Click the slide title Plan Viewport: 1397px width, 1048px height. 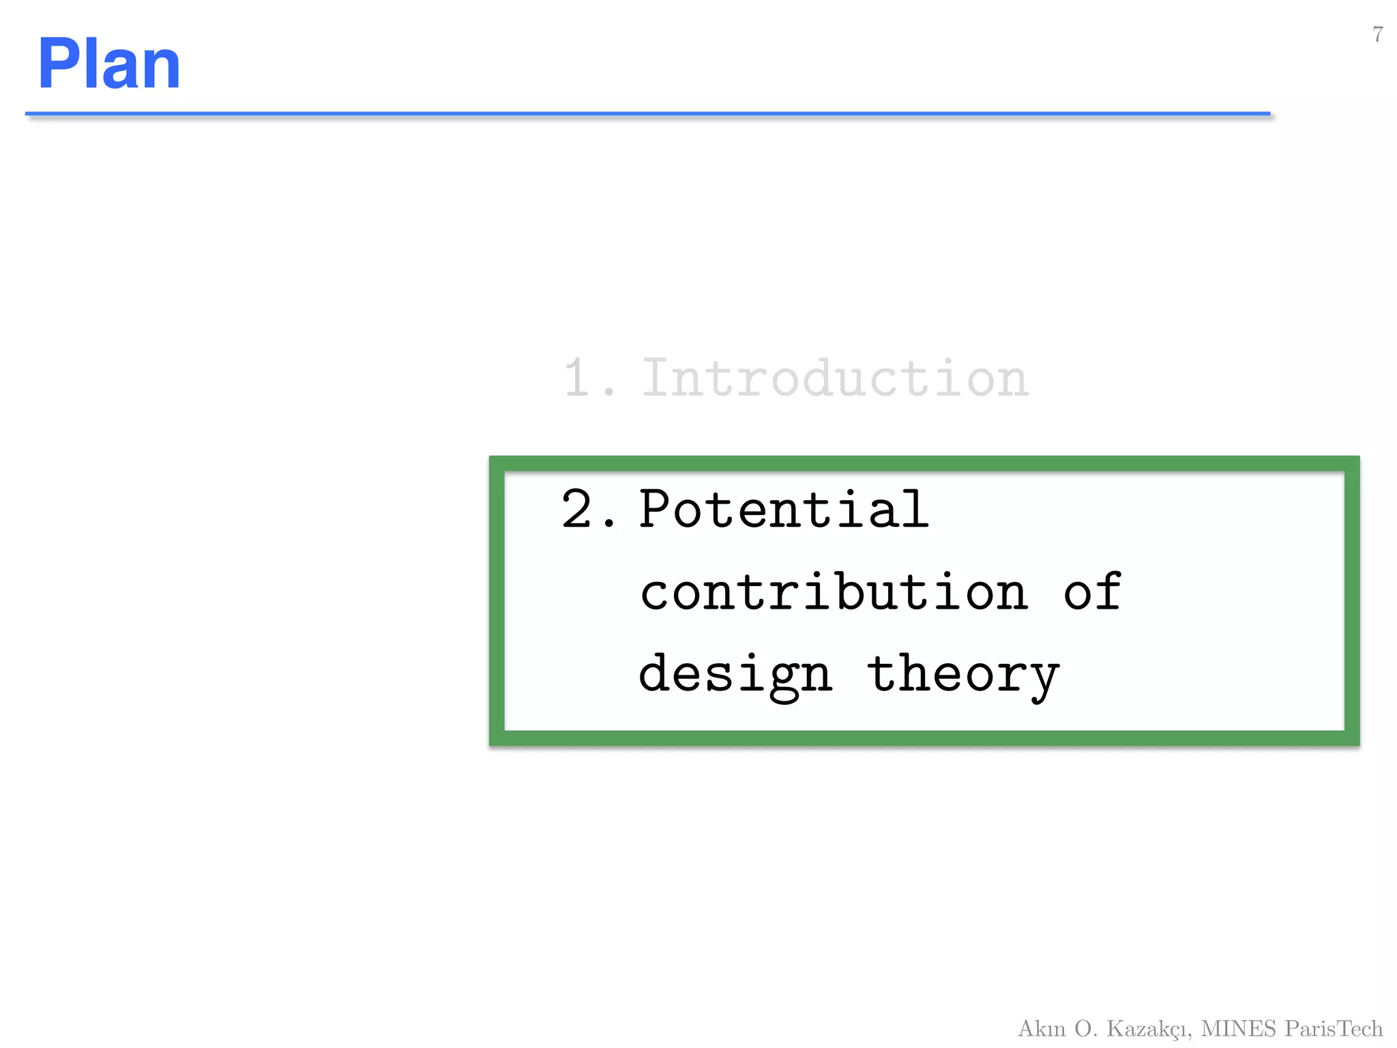109,64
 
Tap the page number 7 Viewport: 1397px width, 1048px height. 1378,34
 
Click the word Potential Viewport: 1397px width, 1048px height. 784,510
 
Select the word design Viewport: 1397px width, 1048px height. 735,675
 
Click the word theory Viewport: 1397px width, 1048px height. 962,675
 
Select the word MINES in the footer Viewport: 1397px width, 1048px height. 1238,1028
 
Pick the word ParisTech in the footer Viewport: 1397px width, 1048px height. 1334,1028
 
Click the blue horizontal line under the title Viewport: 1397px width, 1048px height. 647,114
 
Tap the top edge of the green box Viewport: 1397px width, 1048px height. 924,464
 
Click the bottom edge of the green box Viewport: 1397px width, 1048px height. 924,738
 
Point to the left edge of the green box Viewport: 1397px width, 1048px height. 497,601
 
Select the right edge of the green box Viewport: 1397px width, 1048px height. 1351,601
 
